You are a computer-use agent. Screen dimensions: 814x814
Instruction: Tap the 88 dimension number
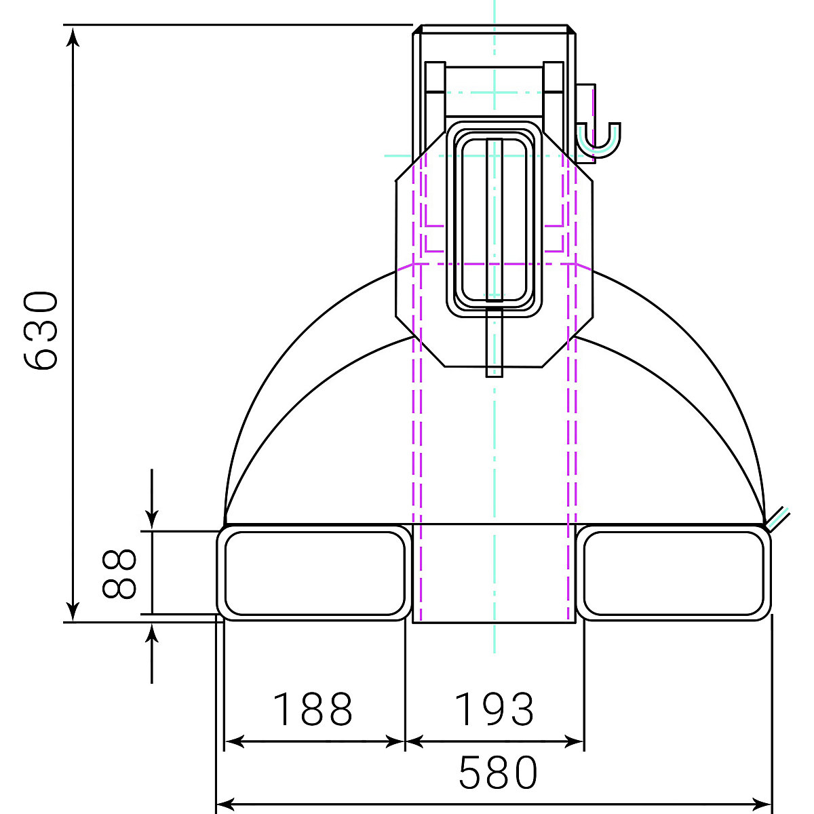click(120, 573)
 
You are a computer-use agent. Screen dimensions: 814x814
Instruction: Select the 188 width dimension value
click(313, 709)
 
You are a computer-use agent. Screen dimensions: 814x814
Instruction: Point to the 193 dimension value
click(494, 709)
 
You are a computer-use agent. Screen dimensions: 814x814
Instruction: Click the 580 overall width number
click(499, 772)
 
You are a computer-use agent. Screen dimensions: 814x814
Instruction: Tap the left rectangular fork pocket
click(314, 573)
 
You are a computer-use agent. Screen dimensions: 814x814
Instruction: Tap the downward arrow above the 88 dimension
click(152, 519)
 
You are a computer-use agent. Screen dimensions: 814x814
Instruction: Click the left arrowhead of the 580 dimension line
click(225, 805)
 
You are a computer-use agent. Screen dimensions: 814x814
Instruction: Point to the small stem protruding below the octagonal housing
click(495, 343)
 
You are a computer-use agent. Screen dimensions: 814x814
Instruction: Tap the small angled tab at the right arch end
click(776, 518)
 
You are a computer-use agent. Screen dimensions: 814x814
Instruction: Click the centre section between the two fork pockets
click(494, 573)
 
